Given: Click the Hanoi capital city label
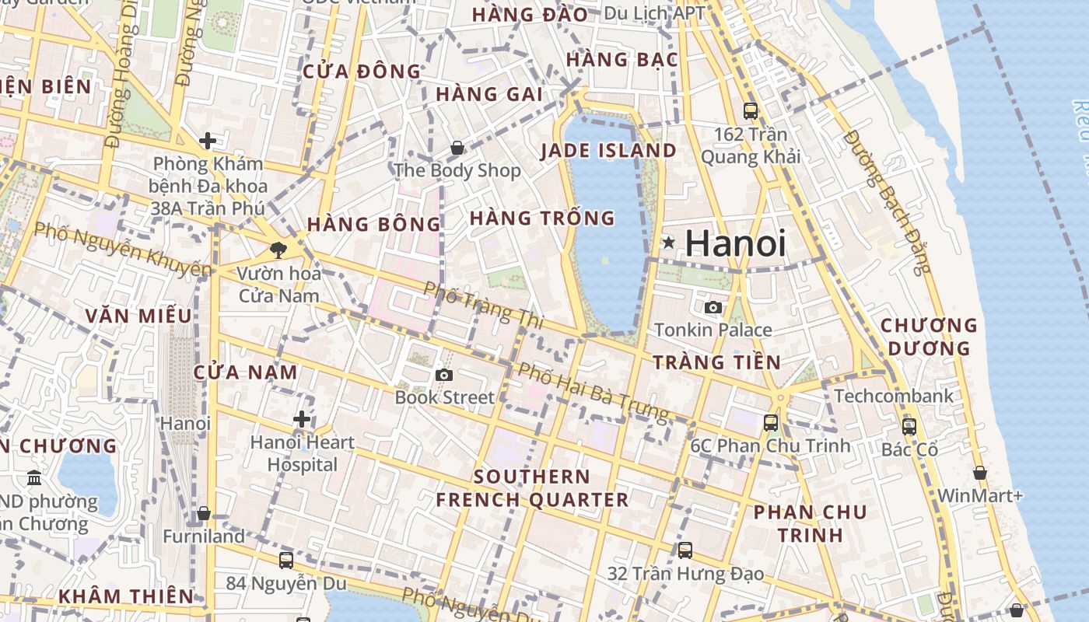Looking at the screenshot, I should pyautogui.click(x=735, y=243).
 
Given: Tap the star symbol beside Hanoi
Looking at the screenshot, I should pyautogui.click(x=668, y=243).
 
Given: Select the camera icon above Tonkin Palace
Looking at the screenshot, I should pyautogui.click(x=713, y=307).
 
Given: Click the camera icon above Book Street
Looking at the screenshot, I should pyautogui.click(x=444, y=375).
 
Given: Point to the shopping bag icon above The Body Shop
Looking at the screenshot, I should pyautogui.click(x=457, y=147).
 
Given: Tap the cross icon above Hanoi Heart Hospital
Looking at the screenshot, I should pyautogui.click(x=302, y=420).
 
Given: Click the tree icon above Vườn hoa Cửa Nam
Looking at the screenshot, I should pyautogui.click(x=278, y=250).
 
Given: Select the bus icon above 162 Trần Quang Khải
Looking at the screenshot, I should pyautogui.click(x=751, y=111).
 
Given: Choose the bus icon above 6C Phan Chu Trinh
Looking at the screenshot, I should pyautogui.click(x=771, y=423).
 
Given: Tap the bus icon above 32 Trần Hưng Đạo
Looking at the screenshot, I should pyautogui.click(x=685, y=550).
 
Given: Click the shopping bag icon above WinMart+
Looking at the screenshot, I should pyautogui.click(x=980, y=473).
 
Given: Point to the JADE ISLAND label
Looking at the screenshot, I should pyautogui.click(x=608, y=150).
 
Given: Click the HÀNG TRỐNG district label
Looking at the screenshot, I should pyautogui.click(x=542, y=218).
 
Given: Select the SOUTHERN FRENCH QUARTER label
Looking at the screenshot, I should pyautogui.click(x=532, y=488).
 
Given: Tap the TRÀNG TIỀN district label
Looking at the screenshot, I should pyautogui.click(x=716, y=362).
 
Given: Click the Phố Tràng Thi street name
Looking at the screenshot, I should pyautogui.click(x=482, y=304).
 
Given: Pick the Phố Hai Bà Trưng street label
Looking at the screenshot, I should pyautogui.click(x=593, y=392).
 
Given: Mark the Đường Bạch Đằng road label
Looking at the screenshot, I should pyautogui.click(x=888, y=201).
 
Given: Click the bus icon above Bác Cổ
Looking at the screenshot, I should pyautogui.click(x=909, y=427).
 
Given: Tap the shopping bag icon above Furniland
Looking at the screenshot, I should pyautogui.click(x=203, y=513).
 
